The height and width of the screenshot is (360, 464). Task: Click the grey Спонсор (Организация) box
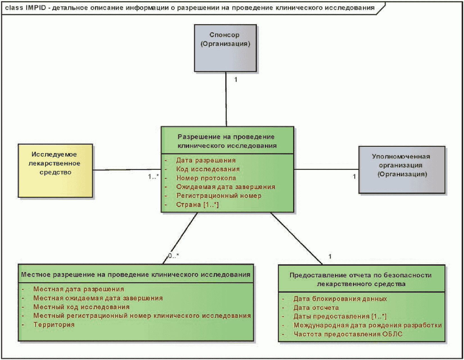225,48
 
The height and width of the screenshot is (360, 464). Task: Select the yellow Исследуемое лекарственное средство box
55,170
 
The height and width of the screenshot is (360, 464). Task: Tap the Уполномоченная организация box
402,170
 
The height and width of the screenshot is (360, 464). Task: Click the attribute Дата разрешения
206,160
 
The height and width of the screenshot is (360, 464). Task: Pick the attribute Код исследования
208,169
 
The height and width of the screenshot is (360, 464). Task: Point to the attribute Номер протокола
206,178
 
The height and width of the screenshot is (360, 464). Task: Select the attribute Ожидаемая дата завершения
225,187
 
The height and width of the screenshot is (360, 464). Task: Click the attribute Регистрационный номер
219,196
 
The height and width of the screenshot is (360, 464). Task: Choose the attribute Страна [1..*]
197,205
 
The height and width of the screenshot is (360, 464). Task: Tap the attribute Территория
54,325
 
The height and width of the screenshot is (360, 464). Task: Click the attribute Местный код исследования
82,307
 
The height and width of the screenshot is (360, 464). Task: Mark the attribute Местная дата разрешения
79,289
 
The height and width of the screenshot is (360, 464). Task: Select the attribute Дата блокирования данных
340,299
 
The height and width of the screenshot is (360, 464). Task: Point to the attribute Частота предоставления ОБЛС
348,334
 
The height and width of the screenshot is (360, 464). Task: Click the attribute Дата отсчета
316,308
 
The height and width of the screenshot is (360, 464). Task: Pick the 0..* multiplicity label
173,256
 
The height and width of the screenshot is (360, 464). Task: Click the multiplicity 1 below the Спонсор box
236,80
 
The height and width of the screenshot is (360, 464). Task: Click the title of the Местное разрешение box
135,275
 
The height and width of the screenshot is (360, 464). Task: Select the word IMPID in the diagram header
36,8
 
